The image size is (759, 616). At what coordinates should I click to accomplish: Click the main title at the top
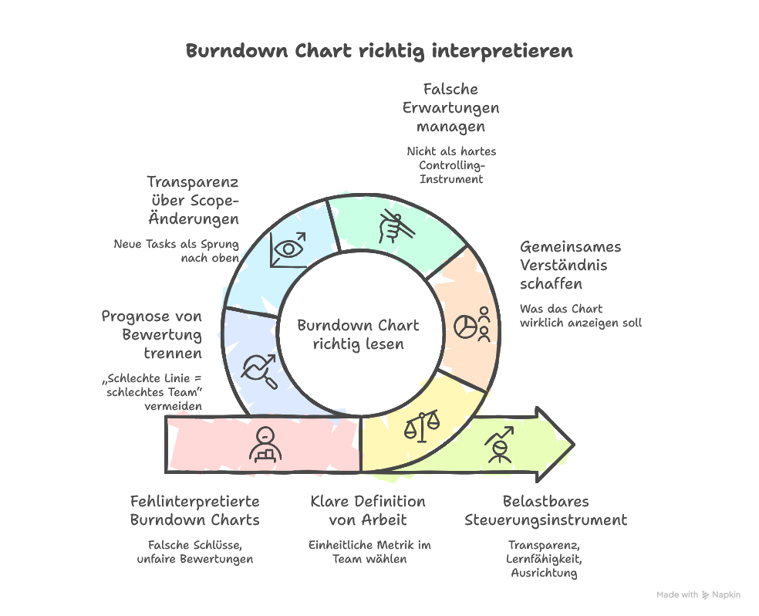[379, 51]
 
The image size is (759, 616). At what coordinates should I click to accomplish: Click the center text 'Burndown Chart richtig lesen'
[358, 334]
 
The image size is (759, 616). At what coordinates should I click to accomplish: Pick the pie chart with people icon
[473, 324]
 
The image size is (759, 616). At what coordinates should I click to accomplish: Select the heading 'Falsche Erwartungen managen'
[450, 107]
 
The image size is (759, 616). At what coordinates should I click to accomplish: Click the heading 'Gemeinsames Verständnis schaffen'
[570, 266]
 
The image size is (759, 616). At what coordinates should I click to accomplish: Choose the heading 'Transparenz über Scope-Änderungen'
[193, 200]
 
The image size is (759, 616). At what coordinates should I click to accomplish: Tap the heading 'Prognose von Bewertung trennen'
[152, 334]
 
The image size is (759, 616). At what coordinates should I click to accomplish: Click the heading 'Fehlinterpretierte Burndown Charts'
[194, 510]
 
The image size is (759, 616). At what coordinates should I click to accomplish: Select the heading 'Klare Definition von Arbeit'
[368, 510]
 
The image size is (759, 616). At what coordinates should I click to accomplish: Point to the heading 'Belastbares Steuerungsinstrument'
[545, 510]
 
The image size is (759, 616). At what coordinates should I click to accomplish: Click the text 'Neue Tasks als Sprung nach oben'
[177, 251]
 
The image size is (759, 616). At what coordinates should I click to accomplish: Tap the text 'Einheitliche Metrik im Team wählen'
[369, 551]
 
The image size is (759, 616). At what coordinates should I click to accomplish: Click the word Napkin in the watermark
[725, 594]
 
